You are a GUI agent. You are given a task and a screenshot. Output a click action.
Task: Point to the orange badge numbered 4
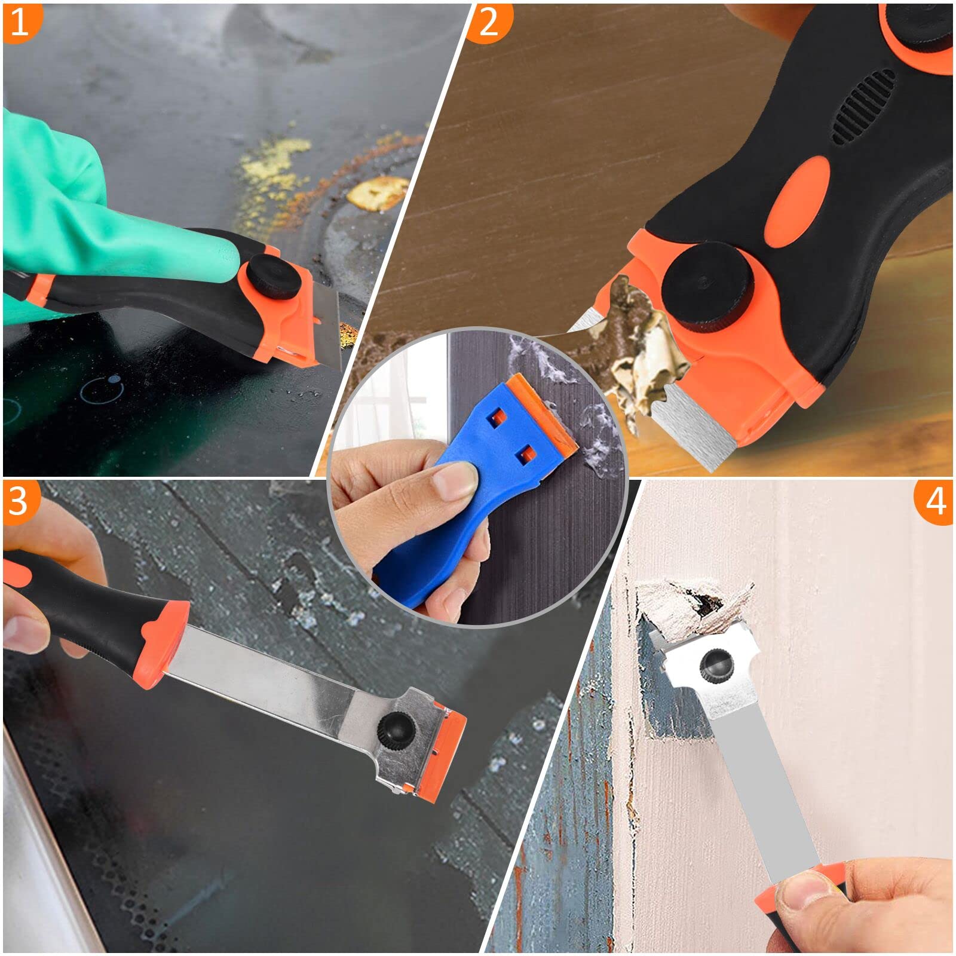pos(936,501)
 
